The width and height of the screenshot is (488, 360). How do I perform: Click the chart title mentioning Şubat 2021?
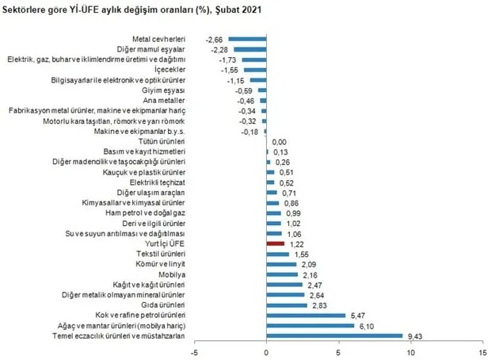tap(135, 10)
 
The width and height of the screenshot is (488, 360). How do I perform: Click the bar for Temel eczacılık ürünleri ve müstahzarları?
tap(334, 335)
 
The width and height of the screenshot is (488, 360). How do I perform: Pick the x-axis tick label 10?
tap(411, 351)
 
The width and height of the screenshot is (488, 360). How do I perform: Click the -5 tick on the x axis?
tap(194, 351)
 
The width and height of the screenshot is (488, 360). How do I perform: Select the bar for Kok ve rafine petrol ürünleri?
tap(306, 315)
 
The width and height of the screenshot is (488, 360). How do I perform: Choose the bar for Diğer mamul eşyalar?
tap(250, 49)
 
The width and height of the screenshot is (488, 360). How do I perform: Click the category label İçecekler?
tap(169, 70)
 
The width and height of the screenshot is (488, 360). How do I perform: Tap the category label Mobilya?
tap(171, 274)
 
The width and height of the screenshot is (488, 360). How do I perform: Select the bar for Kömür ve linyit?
tap(282, 264)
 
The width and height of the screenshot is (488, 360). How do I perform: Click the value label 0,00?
tap(280, 141)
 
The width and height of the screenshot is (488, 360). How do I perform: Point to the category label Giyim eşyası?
tap(164, 90)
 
